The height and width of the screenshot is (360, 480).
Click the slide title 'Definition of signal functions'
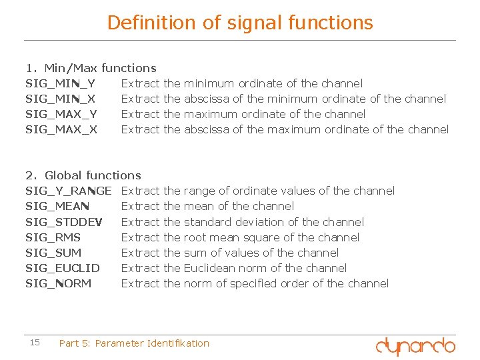pos(240,23)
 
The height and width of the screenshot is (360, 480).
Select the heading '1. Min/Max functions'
pos(91,68)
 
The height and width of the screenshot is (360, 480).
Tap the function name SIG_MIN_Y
pos(60,83)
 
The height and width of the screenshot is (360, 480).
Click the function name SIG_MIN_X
pos(60,99)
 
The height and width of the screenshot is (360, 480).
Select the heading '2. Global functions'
pos(83,175)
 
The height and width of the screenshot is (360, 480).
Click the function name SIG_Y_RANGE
pos(68,191)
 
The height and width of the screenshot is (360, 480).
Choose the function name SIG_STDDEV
pos(63,222)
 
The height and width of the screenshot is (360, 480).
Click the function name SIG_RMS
pos(53,237)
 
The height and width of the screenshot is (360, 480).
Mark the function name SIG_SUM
pos(53,253)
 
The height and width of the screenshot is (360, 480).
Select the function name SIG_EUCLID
pos(63,268)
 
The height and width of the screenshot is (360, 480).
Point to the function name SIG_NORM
pos(58,283)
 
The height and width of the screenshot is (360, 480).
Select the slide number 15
pos(35,343)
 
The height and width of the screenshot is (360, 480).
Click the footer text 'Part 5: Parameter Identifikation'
pos(134,343)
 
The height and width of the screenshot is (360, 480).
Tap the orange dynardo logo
pos(415,345)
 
